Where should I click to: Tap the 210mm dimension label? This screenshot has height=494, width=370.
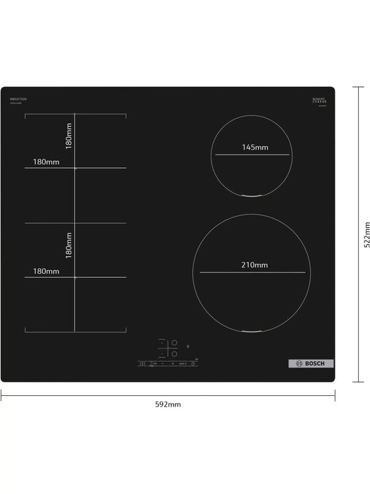coord(254,265)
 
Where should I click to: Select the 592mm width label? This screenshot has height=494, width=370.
coord(168,404)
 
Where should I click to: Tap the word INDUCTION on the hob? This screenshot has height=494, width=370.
coord(18,100)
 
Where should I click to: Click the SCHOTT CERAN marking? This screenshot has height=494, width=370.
coord(321,100)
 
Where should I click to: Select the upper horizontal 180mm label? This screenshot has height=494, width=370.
coord(45,162)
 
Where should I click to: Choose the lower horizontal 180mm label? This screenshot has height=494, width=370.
coord(45,271)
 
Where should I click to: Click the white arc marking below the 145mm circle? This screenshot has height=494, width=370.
coord(252,195)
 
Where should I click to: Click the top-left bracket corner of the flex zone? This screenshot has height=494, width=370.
coord(26,114)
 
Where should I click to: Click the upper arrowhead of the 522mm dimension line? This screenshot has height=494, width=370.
coord(354,90)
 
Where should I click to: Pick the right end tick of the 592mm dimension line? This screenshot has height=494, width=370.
coord(335,395)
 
